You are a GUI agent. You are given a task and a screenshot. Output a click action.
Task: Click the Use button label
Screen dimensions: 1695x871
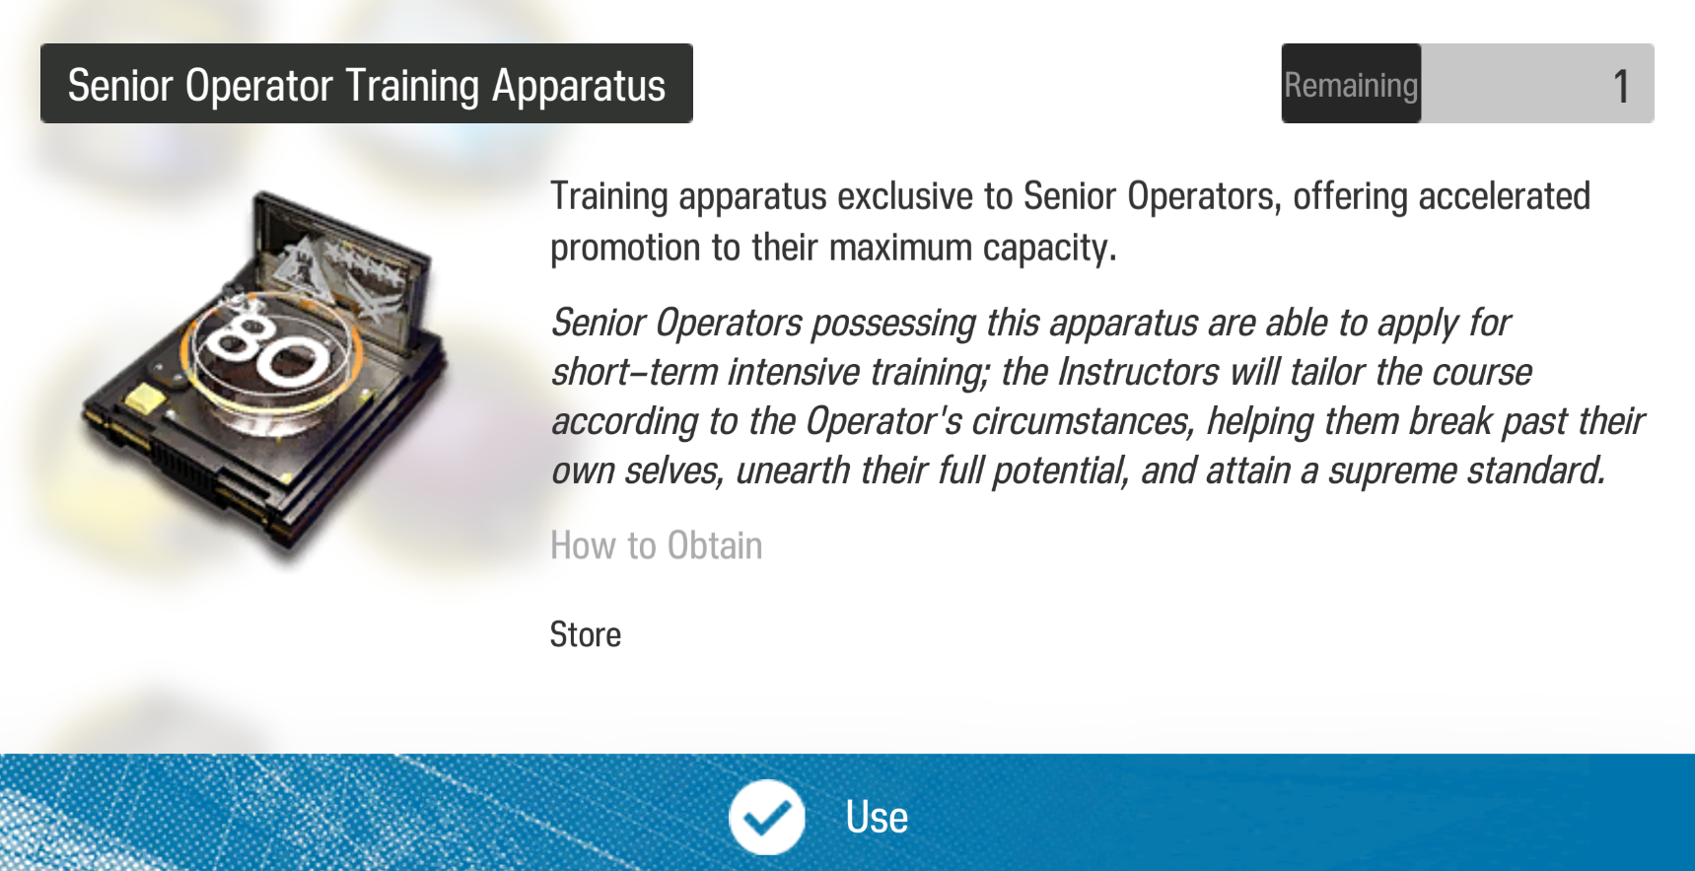click(877, 817)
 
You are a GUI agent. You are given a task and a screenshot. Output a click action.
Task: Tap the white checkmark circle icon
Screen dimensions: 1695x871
click(766, 817)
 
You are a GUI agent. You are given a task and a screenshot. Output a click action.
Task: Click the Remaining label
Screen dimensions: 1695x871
click(1351, 86)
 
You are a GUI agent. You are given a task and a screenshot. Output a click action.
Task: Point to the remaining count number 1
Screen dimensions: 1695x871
click(1621, 86)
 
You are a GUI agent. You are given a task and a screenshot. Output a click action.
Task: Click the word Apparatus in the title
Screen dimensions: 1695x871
click(579, 86)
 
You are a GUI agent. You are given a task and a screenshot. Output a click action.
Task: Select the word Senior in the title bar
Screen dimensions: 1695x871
click(120, 85)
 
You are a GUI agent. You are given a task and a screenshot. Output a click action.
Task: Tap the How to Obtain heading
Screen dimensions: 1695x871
click(657, 545)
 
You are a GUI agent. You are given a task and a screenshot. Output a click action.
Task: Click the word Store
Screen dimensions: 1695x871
click(586, 634)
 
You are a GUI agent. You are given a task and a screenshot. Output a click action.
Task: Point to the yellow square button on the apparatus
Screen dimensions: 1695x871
click(146, 399)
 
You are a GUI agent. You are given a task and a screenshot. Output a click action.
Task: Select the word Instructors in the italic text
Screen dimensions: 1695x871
click(1138, 373)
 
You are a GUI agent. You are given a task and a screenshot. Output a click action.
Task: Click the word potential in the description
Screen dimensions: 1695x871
click(1059, 472)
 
